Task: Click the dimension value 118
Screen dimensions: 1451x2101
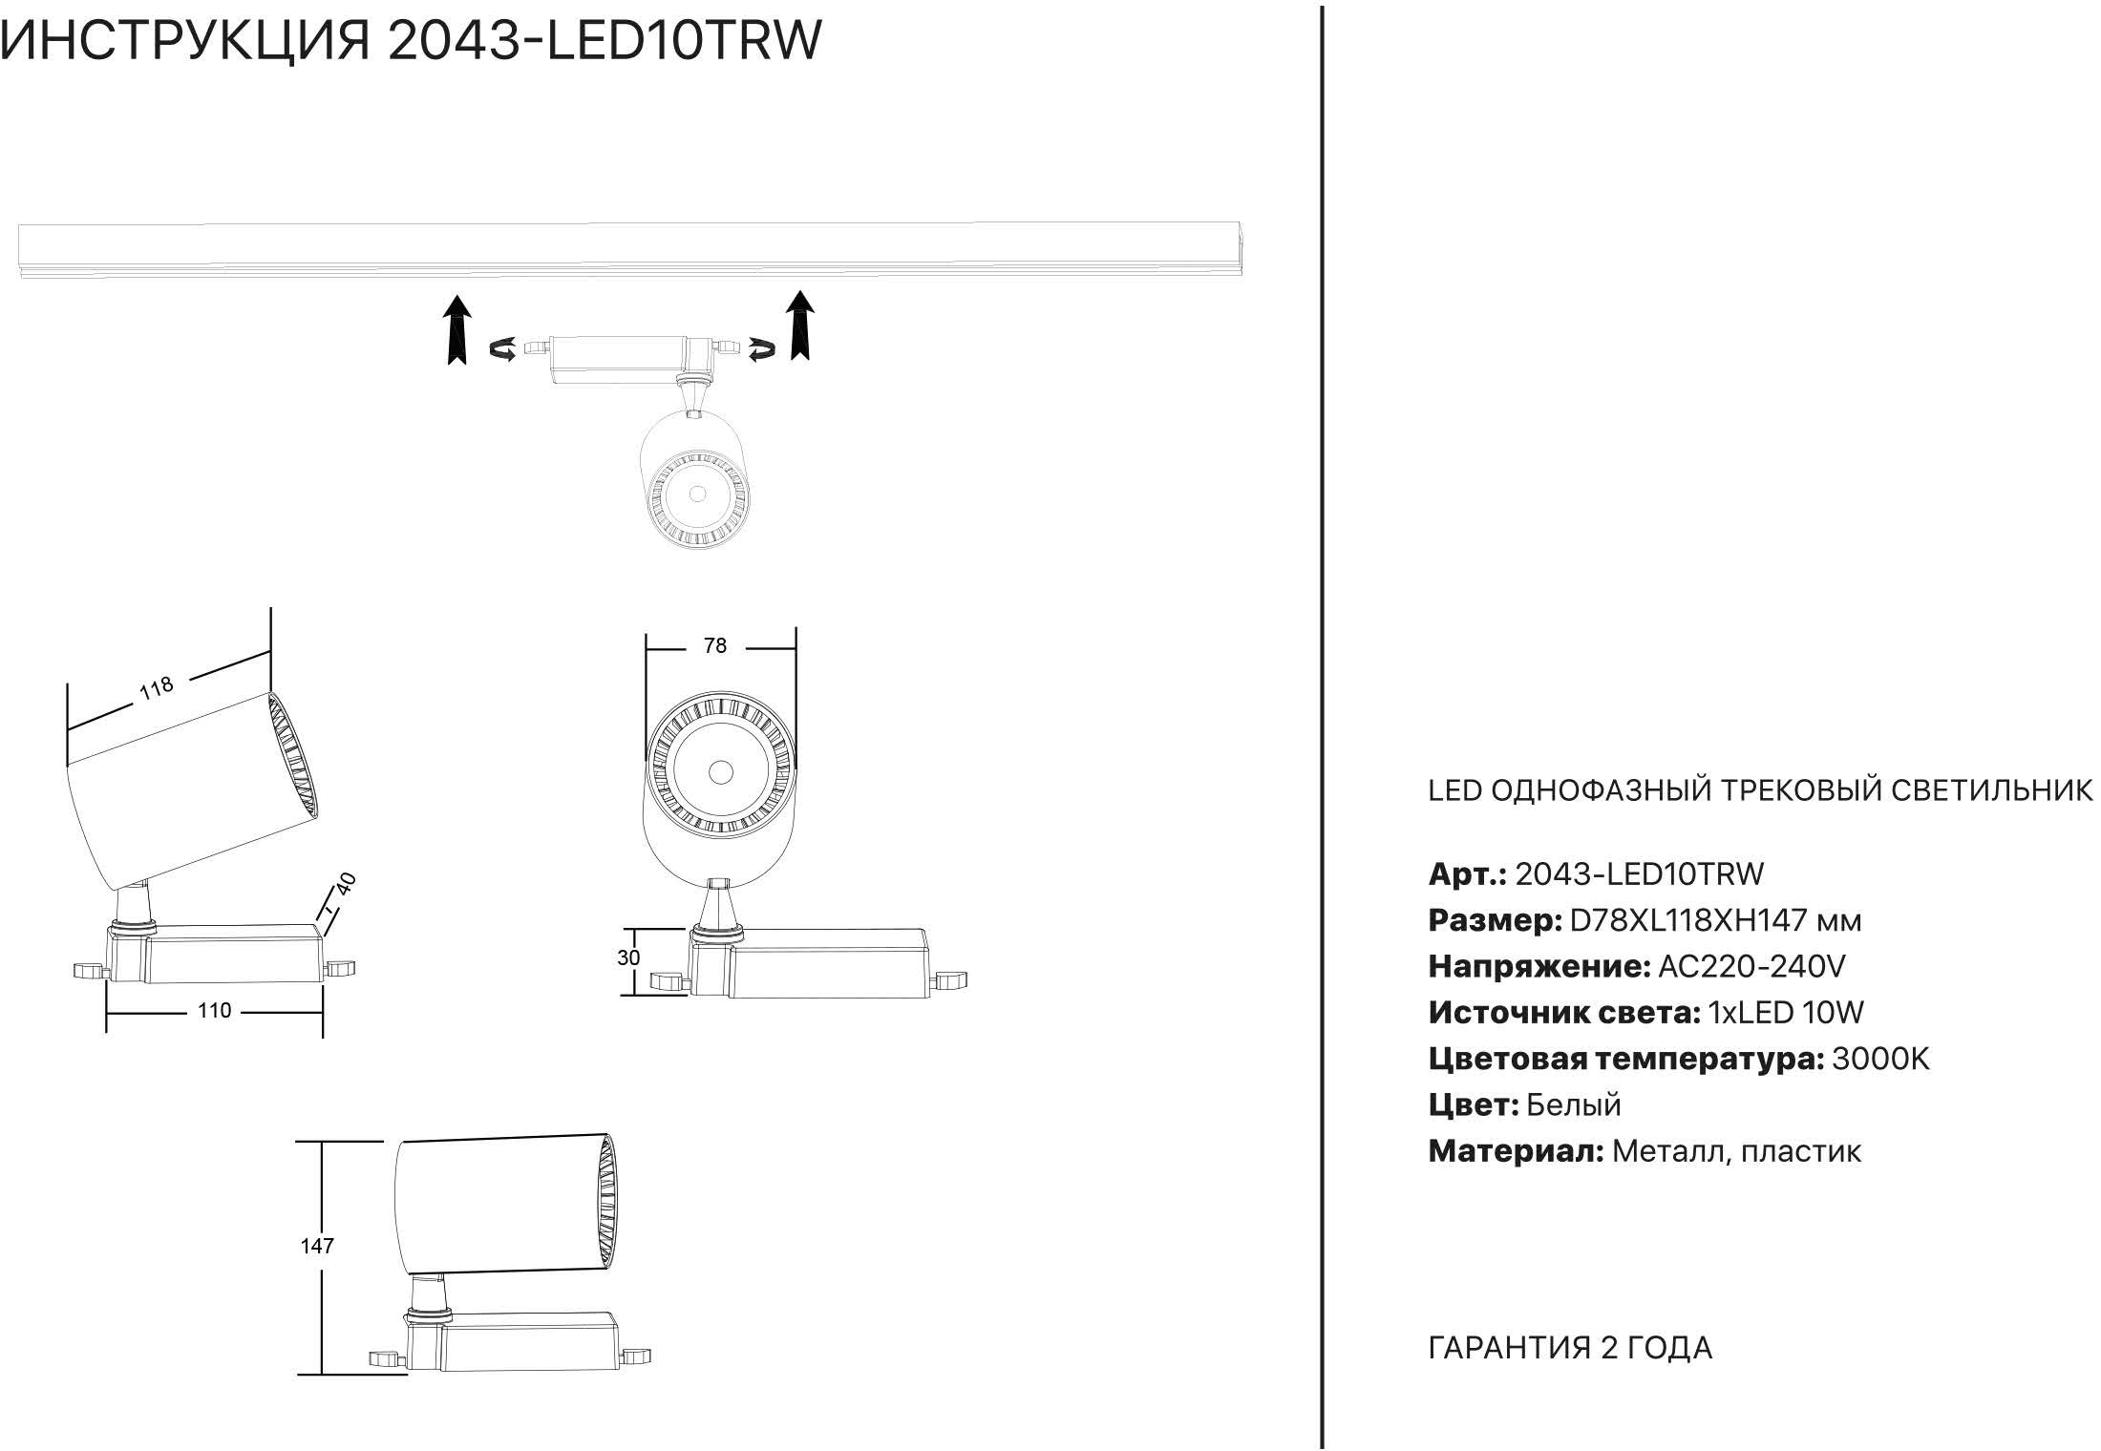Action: pyautogui.click(x=157, y=687)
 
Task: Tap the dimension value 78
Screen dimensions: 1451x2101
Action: pyautogui.click(x=714, y=646)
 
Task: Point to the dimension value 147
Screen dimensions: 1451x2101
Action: pyautogui.click(x=317, y=1246)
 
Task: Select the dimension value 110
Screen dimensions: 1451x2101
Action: pyautogui.click(x=214, y=1011)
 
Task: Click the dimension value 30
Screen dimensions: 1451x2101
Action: pyautogui.click(x=628, y=957)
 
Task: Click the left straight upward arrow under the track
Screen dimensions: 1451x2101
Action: pyautogui.click(x=458, y=329)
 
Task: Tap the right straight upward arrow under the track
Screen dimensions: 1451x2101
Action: pyautogui.click(x=799, y=326)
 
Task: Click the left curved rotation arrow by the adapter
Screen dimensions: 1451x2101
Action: pyautogui.click(x=503, y=350)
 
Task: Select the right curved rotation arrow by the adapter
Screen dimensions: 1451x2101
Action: pyautogui.click(x=761, y=350)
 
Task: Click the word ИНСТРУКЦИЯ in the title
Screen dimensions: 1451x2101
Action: pyautogui.click(x=185, y=42)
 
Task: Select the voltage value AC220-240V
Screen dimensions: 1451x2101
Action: pyautogui.click(x=1751, y=967)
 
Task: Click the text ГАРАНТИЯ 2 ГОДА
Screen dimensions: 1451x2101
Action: pyautogui.click(x=1570, y=1348)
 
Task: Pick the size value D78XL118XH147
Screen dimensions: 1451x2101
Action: pyautogui.click(x=1688, y=921)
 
